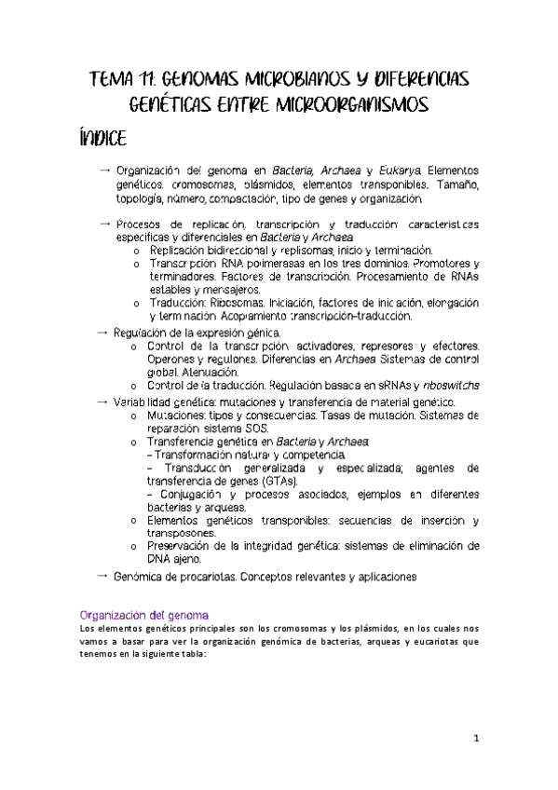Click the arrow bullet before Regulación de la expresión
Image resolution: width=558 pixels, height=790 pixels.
point(102,332)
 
